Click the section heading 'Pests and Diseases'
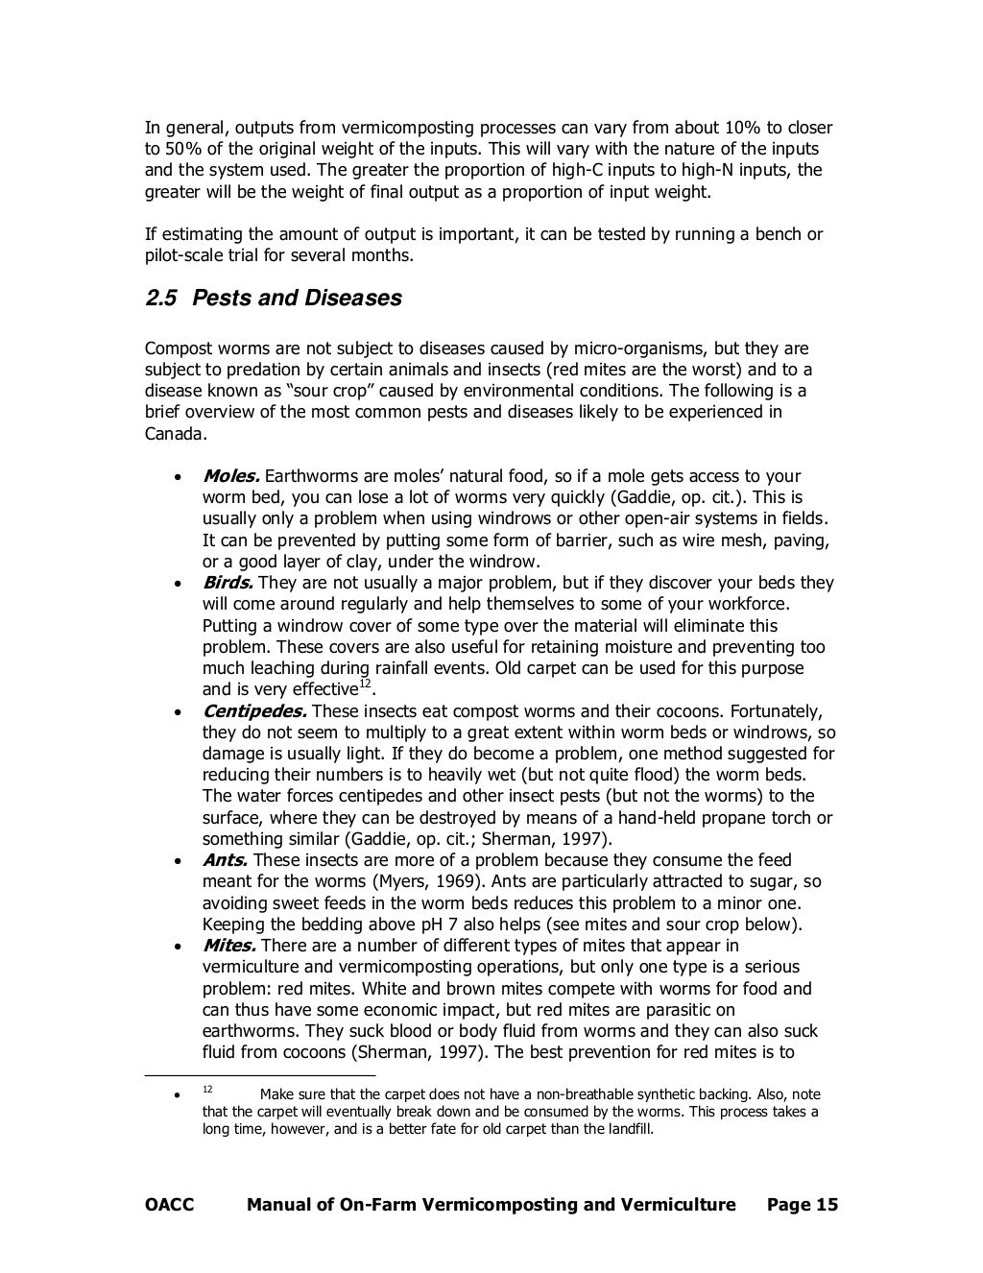(x=297, y=299)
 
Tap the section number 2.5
(x=160, y=299)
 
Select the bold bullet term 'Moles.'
(x=231, y=476)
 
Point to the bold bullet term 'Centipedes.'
(x=254, y=711)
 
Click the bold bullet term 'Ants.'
(x=225, y=860)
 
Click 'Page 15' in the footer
(x=803, y=1205)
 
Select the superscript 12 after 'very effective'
(x=364, y=684)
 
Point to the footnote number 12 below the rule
(x=207, y=1090)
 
